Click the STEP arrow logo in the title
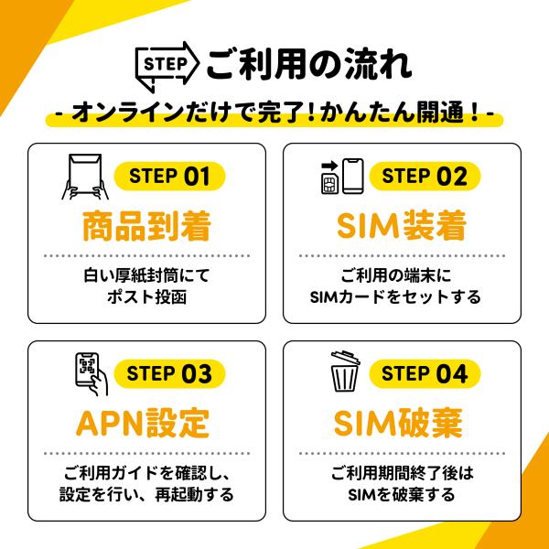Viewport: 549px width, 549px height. (x=167, y=66)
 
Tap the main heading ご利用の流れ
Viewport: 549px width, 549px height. (x=309, y=64)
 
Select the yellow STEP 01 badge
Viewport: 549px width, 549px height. (x=170, y=176)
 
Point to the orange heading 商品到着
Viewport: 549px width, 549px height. (x=146, y=226)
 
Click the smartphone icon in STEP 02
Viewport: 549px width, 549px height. (x=353, y=176)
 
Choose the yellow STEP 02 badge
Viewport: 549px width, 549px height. (x=425, y=176)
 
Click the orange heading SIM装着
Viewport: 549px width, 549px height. (x=402, y=226)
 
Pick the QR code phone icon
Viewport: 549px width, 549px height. (x=91, y=374)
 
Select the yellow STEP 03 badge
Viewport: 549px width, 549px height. (x=170, y=373)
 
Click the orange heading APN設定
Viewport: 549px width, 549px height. (x=143, y=424)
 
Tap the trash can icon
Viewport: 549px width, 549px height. (x=345, y=371)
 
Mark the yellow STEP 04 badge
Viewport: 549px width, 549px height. (x=425, y=373)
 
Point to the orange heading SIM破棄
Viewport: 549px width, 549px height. (x=398, y=424)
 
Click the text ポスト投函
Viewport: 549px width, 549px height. (x=146, y=296)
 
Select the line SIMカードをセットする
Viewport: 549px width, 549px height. (x=395, y=296)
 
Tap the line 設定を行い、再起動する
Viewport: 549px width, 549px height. (x=146, y=494)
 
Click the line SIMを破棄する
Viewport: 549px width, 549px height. (x=402, y=494)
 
